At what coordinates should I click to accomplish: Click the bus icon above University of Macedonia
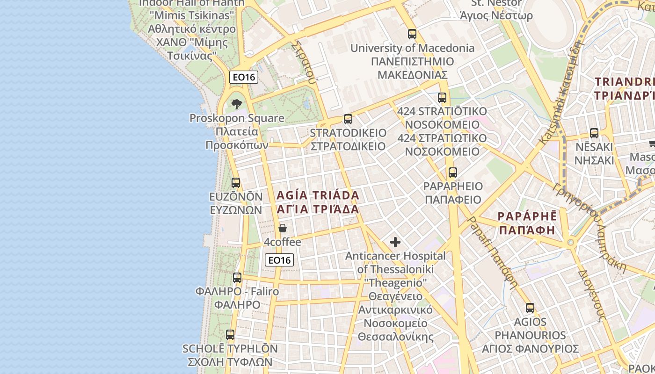412,34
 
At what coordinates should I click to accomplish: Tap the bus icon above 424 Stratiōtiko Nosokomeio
442,98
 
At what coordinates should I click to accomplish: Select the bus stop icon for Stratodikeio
348,119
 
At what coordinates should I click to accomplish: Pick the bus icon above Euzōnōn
236,183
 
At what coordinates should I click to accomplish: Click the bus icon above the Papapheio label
452,173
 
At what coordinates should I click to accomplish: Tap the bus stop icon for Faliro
237,278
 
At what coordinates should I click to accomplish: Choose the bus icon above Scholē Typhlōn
230,335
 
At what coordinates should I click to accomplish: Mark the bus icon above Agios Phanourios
530,308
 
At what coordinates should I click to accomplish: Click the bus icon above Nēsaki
594,133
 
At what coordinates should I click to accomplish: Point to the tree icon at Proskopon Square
237,104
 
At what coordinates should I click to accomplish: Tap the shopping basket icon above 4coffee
282,228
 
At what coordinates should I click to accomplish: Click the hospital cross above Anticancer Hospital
395,242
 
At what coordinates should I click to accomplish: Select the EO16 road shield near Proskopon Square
244,77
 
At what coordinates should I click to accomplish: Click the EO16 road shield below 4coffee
279,260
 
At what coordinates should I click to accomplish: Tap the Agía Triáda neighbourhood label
318,202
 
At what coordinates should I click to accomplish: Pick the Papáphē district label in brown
527,223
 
